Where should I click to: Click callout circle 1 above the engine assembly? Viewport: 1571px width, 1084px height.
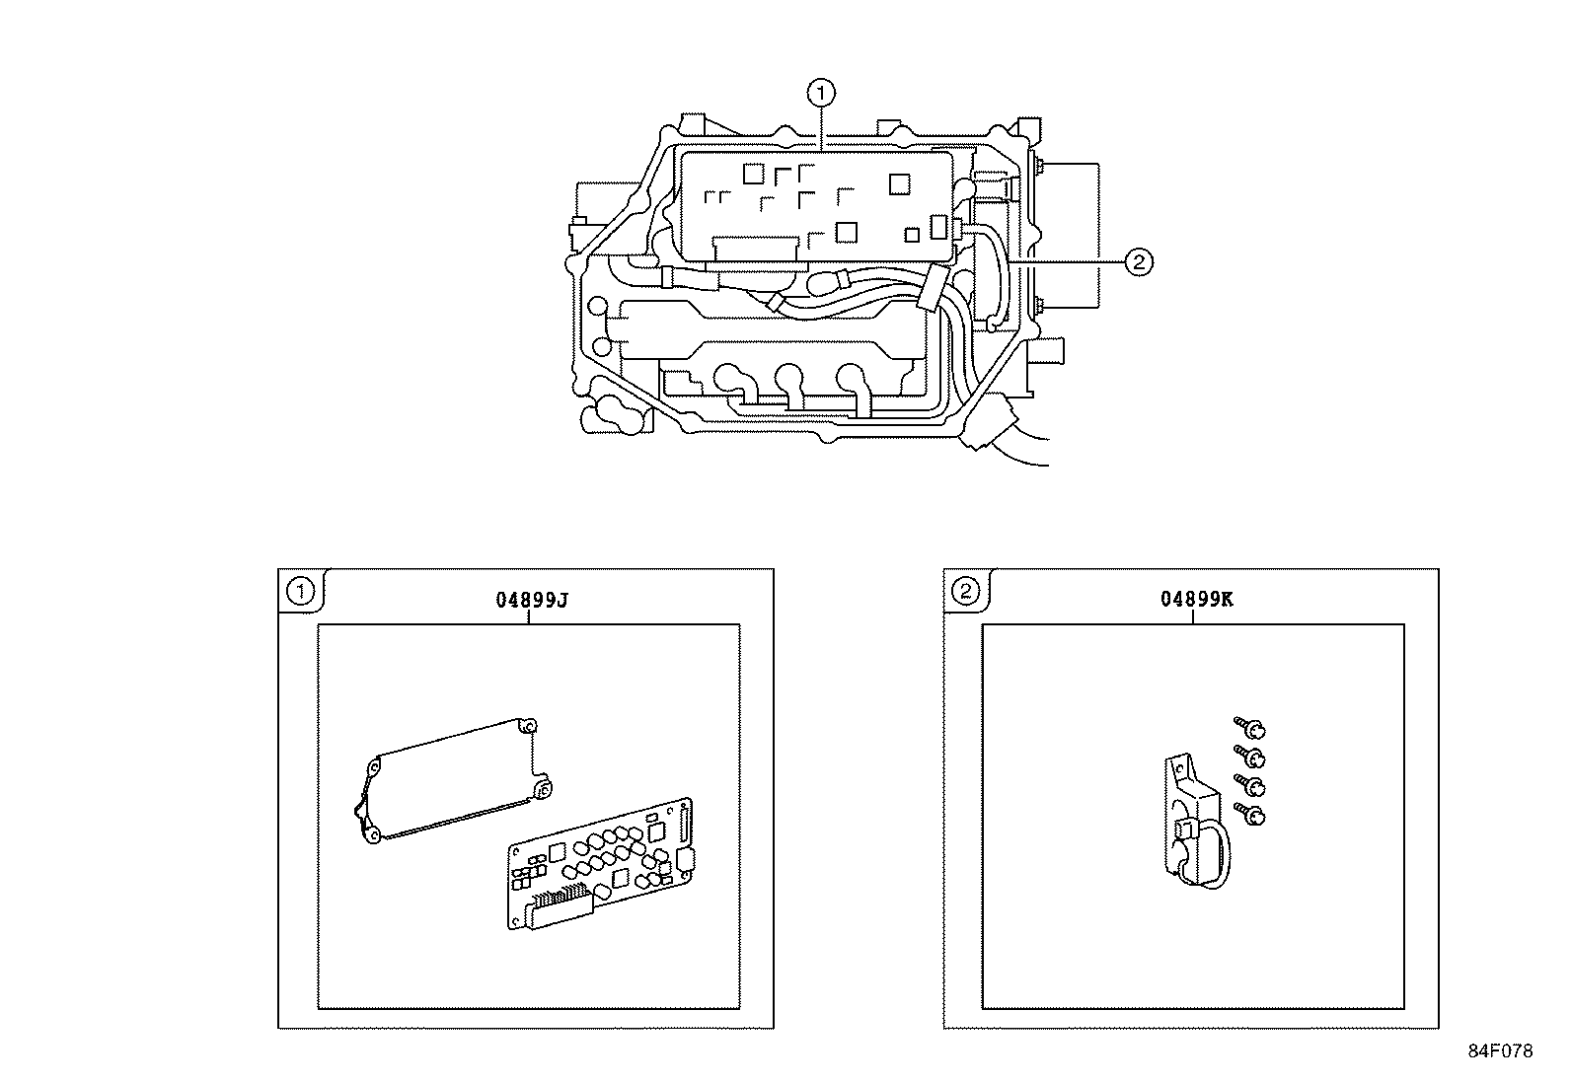820,94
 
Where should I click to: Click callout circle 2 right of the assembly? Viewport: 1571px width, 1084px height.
1138,261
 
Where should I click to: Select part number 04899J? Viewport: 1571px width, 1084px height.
531,600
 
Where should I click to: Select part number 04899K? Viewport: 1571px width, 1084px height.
1196,600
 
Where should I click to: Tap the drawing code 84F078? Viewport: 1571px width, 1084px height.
1499,1051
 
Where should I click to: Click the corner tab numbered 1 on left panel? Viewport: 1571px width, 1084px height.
300,591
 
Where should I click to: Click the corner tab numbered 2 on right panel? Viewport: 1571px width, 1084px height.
965,591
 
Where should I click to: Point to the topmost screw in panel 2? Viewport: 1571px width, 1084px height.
1251,729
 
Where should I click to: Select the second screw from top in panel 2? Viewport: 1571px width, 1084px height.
1251,757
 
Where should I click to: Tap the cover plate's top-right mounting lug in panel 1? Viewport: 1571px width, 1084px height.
530,727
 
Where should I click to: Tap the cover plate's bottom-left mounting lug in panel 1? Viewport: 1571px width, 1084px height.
371,836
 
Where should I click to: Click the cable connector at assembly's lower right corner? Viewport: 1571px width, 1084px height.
993,426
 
